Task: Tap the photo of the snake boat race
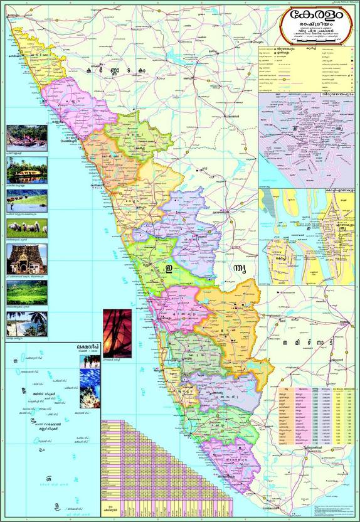(x=26, y=136)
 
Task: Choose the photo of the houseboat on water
(x=26, y=169)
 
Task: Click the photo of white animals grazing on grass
(x=26, y=228)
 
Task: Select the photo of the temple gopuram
(x=26, y=258)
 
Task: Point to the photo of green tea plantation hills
(x=26, y=292)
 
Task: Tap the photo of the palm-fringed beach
(x=26, y=323)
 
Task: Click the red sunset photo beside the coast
(x=117, y=333)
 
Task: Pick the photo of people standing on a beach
(x=89, y=361)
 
